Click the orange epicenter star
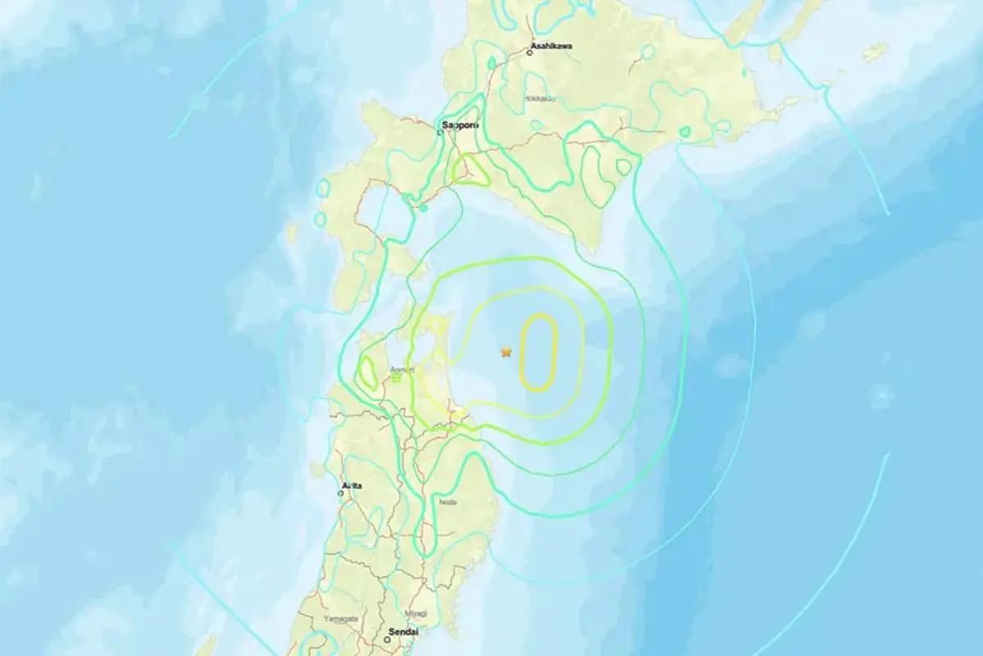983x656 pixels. pos(506,352)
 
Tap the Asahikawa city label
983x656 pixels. pos(550,46)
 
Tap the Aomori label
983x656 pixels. pos(403,370)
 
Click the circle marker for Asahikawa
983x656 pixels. pos(530,52)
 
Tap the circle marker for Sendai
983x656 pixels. pos(387,640)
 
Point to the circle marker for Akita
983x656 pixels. pos(341,493)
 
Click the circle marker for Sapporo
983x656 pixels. pos(442,132)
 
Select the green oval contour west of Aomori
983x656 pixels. pos(366,372)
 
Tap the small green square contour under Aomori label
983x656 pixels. pos(396,378)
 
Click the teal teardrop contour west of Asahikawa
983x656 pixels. pos(491,62)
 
